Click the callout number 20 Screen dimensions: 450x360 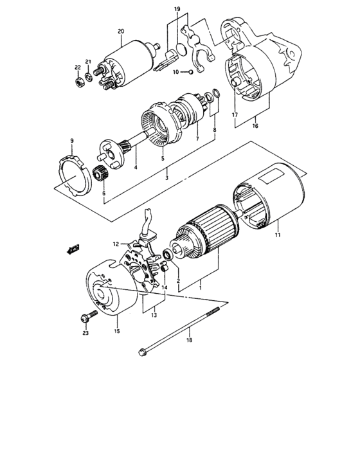pos(120,31)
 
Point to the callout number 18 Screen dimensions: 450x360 pos(189,340)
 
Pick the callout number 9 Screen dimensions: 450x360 pos(72,141)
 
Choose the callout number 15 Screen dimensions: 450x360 pos(117,332)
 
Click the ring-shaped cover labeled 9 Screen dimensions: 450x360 pos(72,170)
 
